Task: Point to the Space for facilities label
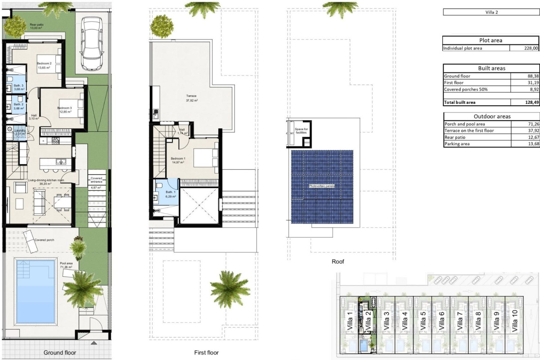(x=301, y=130)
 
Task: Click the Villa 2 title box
(x=491, y=12)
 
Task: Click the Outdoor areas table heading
(x=491, y=117)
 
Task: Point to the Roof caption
(x=337, y=261)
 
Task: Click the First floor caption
(x=206, y=353)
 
